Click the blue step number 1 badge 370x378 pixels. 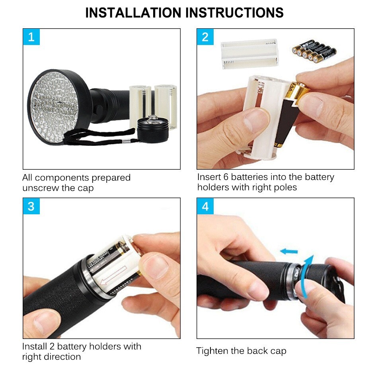tap(31, 37)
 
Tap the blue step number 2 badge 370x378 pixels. tap(205, 37)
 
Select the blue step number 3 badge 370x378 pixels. tap(31, 206)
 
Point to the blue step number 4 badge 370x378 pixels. tap(205, 206)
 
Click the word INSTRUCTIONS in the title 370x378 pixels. tap(234, 13)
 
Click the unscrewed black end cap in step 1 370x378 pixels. tap(153, 129)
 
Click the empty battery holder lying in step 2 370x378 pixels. tap(249, 53)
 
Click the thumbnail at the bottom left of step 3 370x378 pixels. tap(44, 321)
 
